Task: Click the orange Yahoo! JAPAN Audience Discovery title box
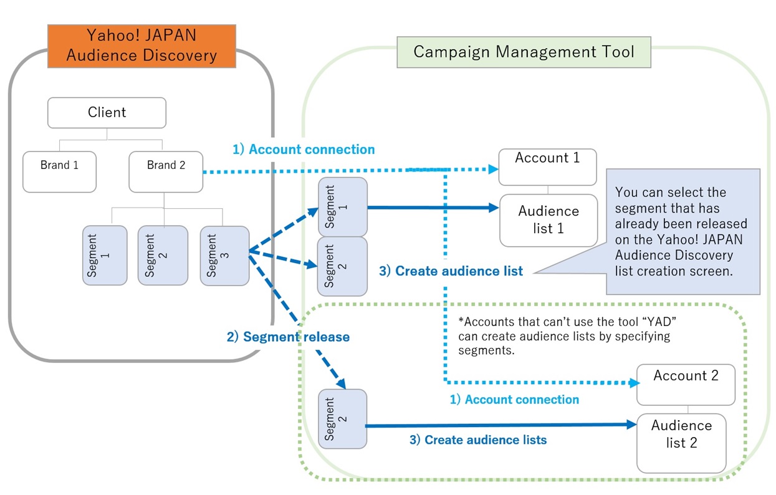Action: [x=141, y=46]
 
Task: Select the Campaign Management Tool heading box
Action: [x=524, y=52]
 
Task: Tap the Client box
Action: [x=107, y=113]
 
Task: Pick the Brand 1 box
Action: [x=60, y=171]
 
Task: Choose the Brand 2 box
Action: [x=166, y=171]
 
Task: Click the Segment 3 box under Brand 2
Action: [x=224, y=256]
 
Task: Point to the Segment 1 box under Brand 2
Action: [x=104, y=256]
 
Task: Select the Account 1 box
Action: [x=547, y=166]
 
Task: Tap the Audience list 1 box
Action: [x=548, y=220]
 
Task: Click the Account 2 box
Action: [x=686, y=384]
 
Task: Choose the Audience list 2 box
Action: [x=681, y=441]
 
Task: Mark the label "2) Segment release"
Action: [x=287, y=337]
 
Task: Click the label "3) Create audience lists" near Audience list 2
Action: [x=477, y=440]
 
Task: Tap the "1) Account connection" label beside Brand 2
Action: [x=304, y=150]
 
